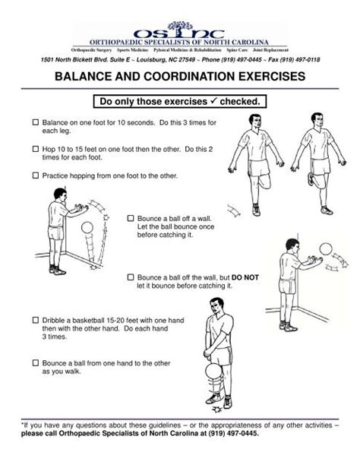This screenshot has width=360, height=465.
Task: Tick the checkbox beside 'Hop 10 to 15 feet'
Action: (34, 149)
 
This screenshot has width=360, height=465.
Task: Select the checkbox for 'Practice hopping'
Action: (34, 176)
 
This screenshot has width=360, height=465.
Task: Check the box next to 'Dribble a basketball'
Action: (34, 320)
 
